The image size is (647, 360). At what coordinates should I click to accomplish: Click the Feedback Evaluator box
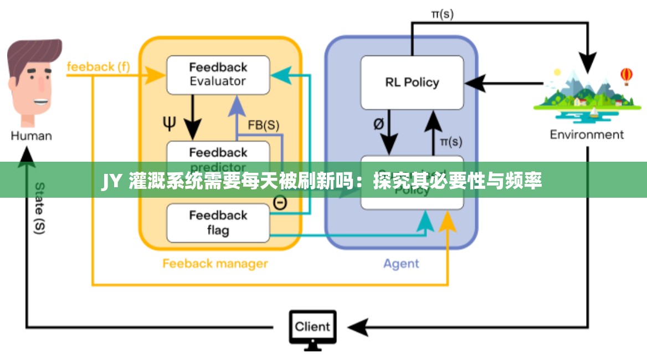click(218, 74)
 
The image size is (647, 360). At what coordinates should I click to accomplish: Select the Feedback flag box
click(218, 223)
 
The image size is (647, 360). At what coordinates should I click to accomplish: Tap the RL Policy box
click(412, 83)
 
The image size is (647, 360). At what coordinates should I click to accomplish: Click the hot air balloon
click(627, 75)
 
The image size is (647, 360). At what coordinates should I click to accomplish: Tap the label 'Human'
click(32, 136)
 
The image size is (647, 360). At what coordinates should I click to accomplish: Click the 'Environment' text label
click(587, 135)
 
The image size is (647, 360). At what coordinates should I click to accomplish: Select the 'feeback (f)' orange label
click(98, 66)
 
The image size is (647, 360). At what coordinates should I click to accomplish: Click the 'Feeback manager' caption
click(215, 264)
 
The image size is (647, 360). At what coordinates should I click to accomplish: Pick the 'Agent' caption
click(401, 264)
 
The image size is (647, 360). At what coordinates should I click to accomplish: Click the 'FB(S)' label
click(263, 125)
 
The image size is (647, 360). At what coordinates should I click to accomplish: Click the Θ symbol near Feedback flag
click(280, 203)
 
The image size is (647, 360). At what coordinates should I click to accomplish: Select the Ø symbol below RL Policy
click(378, 124)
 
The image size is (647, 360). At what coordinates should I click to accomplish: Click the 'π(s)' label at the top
click(441, 14)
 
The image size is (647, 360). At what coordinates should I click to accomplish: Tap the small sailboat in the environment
click(594, 113)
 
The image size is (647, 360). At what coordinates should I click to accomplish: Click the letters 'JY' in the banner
click(111, 181)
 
